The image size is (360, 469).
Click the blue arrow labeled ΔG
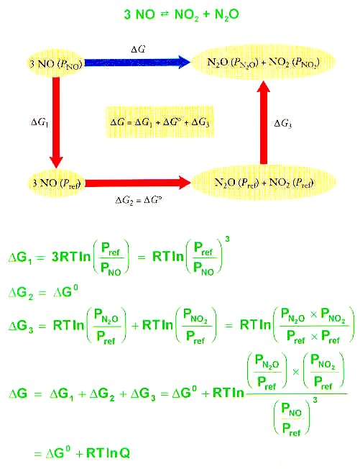(x=137, y=62)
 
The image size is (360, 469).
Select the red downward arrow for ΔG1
(x=56, y=122)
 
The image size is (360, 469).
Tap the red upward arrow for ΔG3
(x=264, y=122)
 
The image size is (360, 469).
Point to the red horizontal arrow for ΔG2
(x=138, y=183)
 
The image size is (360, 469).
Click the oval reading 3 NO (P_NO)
(x=55, y=63)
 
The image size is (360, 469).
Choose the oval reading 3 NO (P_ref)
(x=55, y=183)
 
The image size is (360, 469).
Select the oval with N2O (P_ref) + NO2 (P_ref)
(x=263, y=182)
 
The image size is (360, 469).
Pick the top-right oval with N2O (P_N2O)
(x=263, y=62)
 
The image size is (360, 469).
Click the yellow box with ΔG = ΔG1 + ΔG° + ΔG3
(x=160, y=122)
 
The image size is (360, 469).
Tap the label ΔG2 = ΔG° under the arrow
(x=139, y=200)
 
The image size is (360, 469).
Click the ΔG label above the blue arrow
(x=138, y=49)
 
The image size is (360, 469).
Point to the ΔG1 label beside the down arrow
(x=40, y=122)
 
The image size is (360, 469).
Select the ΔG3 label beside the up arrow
(x=282, y=123)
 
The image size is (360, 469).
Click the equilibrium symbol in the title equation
(x=165, y=14)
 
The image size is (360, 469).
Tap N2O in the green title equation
(x=227, y=14)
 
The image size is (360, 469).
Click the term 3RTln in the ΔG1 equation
(x=71, y=257)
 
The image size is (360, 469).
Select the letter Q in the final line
(x=124, y=452)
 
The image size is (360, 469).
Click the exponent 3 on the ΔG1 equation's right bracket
(x=227, y=239)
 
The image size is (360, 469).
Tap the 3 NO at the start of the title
(x=139, y=14)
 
